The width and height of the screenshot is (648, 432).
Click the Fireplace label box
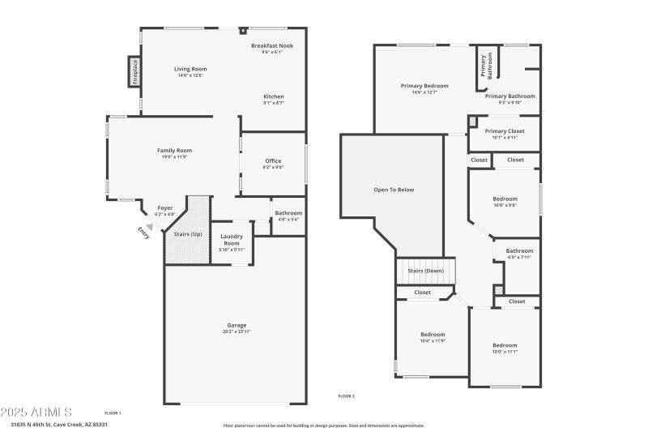click(135, 71)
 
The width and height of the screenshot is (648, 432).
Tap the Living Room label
click(190, 70)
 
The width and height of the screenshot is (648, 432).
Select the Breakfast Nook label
click(271, 46)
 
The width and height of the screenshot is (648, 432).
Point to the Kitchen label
click(273, 97)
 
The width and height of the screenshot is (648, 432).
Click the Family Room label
click(174, 151)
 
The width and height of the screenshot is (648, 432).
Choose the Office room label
click(273, 161)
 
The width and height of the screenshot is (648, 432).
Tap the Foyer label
click(164, 208)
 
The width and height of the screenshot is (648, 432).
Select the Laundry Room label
click(232, 240)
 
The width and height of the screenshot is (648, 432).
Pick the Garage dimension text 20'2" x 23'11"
click(236, 331)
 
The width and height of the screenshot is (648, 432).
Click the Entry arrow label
click(143, 232)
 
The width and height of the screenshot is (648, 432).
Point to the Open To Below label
click(394, 190)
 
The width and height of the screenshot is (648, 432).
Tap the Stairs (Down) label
click(425, 271)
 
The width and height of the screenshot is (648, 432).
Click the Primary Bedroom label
click(424, 86)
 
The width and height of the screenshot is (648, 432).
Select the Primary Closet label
click(505, 131)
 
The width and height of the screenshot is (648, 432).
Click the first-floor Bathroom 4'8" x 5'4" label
click(288, 214)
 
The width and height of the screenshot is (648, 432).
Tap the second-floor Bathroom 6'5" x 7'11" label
click(519, 252)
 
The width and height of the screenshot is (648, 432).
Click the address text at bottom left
click(58, 424)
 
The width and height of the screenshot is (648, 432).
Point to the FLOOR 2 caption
click(346, 396)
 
